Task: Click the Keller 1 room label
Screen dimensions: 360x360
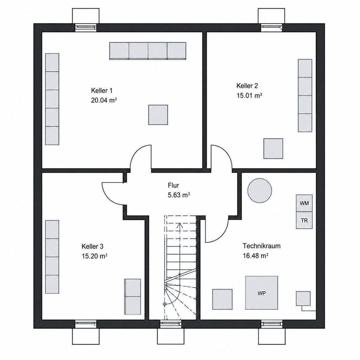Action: point(102,91)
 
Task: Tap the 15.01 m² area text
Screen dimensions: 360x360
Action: point(249,96)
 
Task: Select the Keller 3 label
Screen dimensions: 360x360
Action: point(92,246)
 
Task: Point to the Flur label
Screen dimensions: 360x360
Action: point(173,185)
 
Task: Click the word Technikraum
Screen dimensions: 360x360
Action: point(262,246)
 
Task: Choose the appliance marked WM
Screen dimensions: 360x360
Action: point(304,203)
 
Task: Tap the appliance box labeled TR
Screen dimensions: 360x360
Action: point(304,220)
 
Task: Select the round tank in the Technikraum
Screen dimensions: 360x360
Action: point(260,190)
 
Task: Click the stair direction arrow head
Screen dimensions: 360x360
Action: point(180,225)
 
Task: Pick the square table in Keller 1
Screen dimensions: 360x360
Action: point(158,115)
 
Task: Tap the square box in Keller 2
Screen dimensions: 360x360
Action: point(273,148)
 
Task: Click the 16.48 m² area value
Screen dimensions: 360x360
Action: point(256,256)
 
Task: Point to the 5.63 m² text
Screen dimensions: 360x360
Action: point(179,195)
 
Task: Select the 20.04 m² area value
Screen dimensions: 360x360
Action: point(104,100)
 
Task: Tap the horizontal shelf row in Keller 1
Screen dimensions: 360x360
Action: point(148,51)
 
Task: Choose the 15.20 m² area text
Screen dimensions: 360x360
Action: point(94,256)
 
